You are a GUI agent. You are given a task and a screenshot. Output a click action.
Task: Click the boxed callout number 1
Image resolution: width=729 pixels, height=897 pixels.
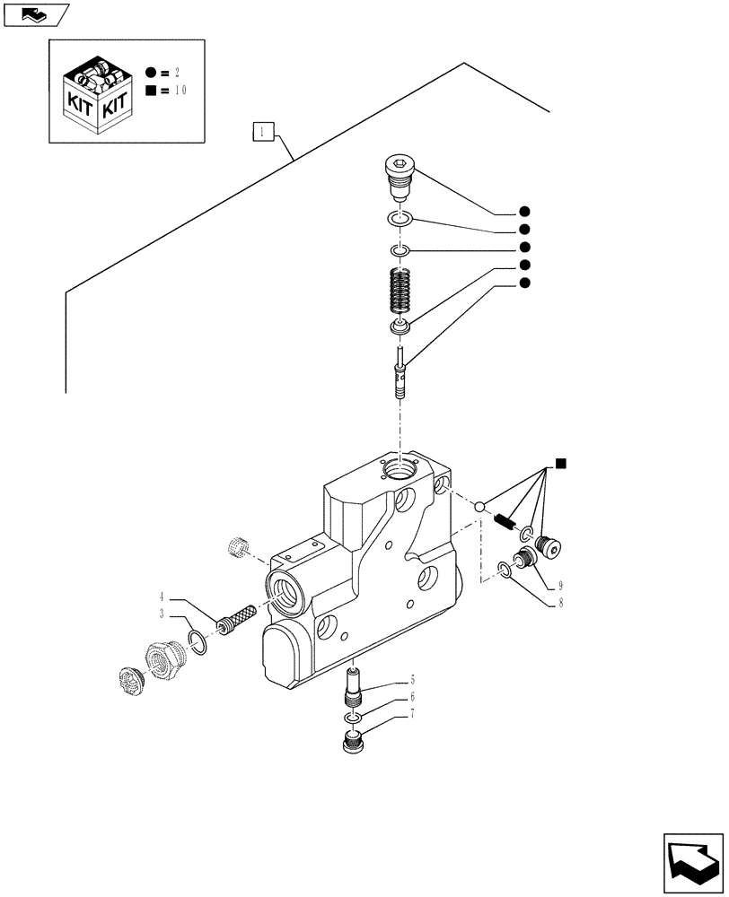click(260, 134)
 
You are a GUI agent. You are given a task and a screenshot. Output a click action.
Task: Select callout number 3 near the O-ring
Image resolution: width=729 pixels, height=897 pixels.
click(162, 614)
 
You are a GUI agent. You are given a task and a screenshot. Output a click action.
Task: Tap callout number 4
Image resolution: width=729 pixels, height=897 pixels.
click(162, 597)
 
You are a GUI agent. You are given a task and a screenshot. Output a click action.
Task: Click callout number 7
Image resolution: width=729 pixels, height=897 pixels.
click(412, 714)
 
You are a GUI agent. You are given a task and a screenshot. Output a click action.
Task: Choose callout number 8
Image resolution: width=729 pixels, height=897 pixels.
click(559, 604)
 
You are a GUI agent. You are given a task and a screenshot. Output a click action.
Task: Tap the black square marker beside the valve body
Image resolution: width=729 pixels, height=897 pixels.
click(560, 463)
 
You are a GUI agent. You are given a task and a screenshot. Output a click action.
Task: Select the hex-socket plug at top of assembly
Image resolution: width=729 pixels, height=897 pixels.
click(400, 174)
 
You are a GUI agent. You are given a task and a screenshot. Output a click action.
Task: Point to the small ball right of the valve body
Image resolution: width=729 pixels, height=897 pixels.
click(481, 508)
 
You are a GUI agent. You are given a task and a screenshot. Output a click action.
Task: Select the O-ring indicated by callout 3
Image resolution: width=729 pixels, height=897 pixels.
click(198, 642)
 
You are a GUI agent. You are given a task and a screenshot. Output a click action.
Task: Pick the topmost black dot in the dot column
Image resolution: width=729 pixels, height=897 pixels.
click(524, 213)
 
